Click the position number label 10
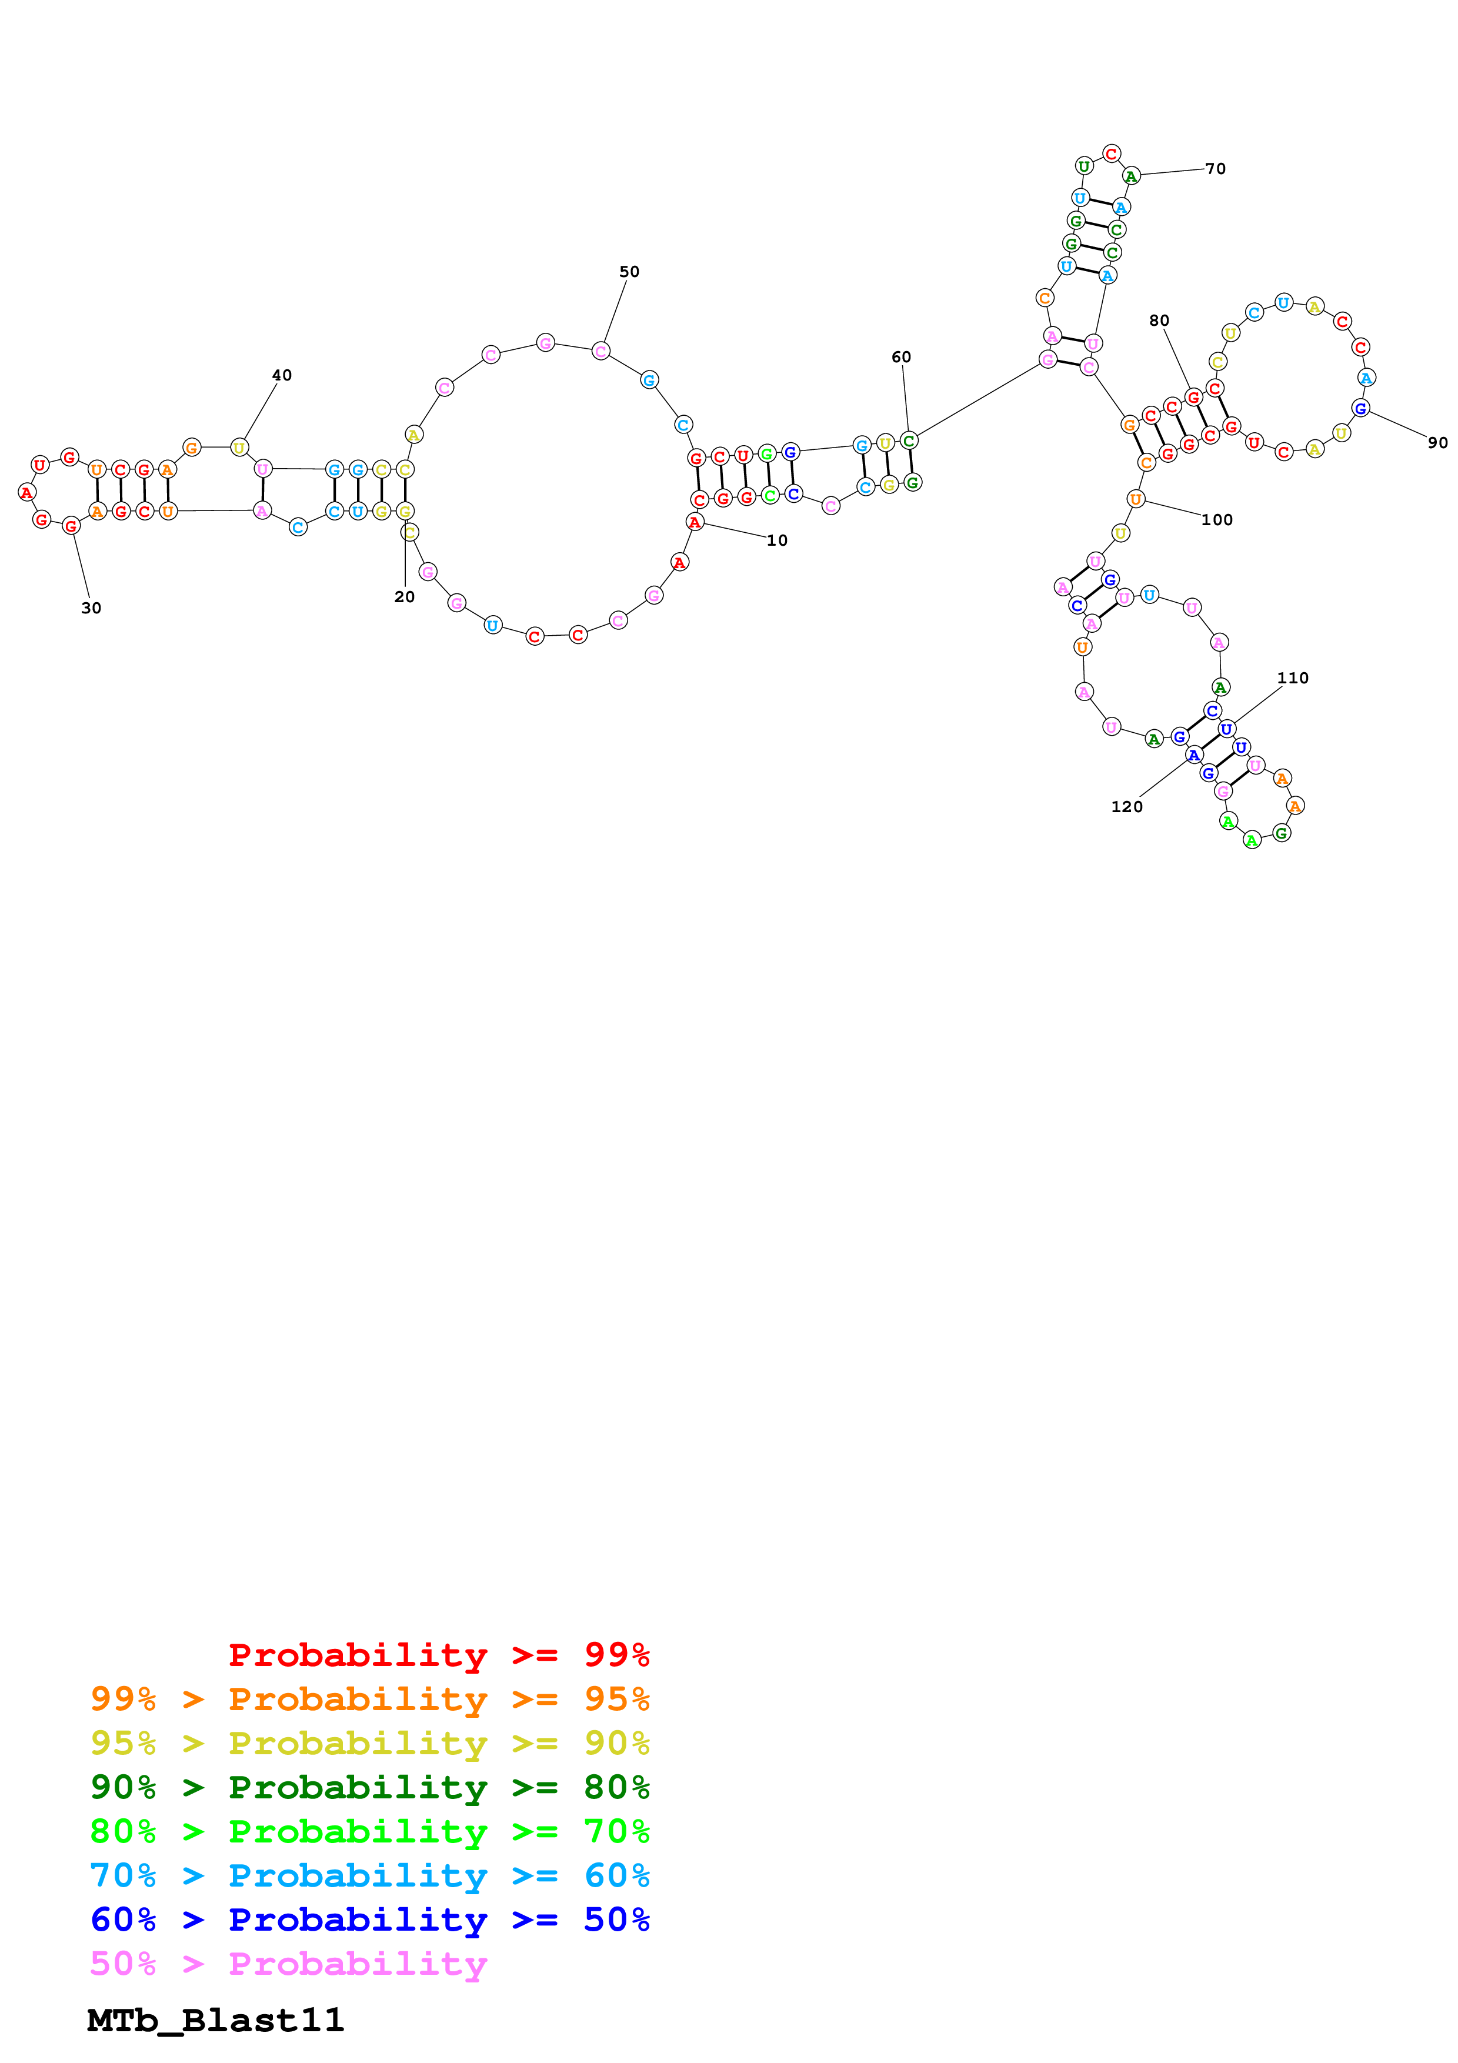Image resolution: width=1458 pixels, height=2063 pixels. (x=776, y=540)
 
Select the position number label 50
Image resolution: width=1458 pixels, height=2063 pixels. (x=629, y=271)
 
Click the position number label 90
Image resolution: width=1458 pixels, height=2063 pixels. (x=1437, y=442)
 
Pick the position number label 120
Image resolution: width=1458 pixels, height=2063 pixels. (x=1126, y=806)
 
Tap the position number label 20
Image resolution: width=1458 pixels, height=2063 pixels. (x=404, y=597)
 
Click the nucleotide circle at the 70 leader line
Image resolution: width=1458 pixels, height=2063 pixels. (x=1131, y=176)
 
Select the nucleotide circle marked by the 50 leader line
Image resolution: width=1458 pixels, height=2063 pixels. (x=601, y=350)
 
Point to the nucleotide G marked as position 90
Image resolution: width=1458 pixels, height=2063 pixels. (x=1360, y=409)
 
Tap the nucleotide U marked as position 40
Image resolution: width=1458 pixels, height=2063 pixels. (x=239, y=448)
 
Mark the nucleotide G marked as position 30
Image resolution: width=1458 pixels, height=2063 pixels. (x=71, y=526)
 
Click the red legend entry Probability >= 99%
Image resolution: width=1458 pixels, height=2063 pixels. (x=438, y=1655)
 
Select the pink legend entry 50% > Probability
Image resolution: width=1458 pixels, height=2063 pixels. (x=288, y=1963)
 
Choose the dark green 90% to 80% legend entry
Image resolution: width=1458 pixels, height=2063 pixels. (x=369, y=1787)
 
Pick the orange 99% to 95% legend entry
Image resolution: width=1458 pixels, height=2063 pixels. (x=369, y=1699)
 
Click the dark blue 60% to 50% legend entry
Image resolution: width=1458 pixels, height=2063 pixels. (x=369, y=1920)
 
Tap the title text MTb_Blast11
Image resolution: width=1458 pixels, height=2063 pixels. (x=216, y=2021)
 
